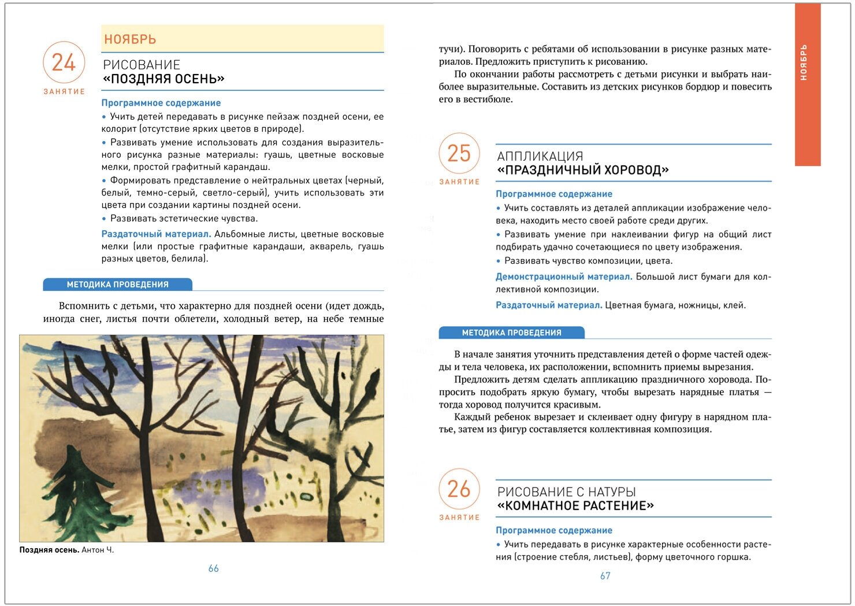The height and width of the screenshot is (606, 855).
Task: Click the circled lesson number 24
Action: (x=64, y=62)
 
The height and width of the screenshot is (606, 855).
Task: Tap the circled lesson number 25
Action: (x=459, y=153)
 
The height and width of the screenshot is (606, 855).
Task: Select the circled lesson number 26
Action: (x=459, y=489)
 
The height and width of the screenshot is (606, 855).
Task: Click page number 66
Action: (x=213, y=568)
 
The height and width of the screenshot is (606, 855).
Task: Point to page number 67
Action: (x=605, y=575)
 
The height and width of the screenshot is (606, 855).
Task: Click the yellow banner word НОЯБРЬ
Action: (x=130, y=39)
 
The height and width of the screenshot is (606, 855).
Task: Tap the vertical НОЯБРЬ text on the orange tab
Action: (x=804, y=62)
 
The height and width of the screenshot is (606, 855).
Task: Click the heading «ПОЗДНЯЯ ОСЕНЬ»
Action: (x=163, y=79)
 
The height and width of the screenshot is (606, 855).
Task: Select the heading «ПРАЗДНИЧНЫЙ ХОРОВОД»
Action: (x=583, y=170)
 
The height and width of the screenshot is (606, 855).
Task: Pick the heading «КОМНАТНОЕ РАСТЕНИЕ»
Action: (x=575, y=506)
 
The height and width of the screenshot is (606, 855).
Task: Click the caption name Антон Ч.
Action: (x=98, y=550)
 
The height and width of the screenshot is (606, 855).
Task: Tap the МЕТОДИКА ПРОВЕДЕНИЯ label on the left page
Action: (x=117, y=284)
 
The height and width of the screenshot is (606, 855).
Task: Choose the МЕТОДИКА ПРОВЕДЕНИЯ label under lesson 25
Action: (x=511, y=332)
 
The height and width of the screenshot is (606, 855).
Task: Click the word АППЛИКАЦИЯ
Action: (x=540, y=156)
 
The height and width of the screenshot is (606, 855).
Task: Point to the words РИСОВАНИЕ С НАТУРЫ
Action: (x=566, y=492)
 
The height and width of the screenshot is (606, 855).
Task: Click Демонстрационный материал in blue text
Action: (x=563, y=276)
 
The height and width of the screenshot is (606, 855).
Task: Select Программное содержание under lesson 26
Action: (x=553, y=530)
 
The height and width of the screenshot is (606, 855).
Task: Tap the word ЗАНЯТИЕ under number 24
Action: (x=64, y=91)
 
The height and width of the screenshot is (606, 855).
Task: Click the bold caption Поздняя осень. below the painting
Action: (x=49, y=550)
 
